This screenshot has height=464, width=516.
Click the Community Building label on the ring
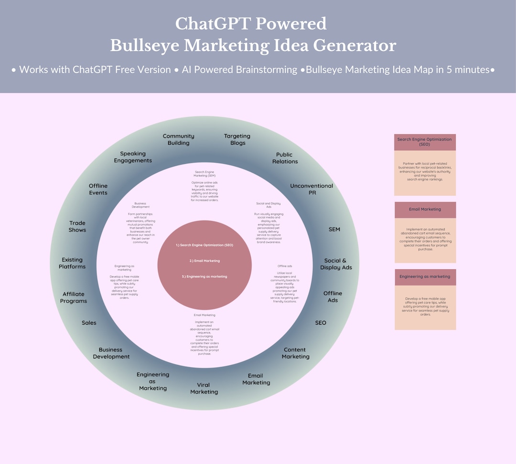(178, 139)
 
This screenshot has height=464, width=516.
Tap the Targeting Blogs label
(237, 139)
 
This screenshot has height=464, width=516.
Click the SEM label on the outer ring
(334, 229)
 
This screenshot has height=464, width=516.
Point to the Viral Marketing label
(204, 388)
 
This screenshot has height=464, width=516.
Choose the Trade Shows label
(77, 226)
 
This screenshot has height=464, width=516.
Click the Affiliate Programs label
(74, 297)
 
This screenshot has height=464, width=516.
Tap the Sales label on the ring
(89, 323)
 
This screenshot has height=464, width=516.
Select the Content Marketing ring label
(295, 353)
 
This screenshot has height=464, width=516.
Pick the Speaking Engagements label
(133, 157)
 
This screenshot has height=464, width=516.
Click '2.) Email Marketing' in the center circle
(204, 261)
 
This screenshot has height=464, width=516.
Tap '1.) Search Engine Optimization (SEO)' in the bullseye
(204, 245)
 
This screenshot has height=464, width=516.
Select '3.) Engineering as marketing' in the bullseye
(204, 276)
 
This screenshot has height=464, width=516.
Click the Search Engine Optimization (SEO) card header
(425, 142)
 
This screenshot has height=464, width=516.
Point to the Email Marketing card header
(425, 209)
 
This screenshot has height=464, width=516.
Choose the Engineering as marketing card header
(425, 276)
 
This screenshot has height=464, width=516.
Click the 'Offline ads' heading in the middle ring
(285, 266)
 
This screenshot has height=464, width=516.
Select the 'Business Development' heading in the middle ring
(141, 205)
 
